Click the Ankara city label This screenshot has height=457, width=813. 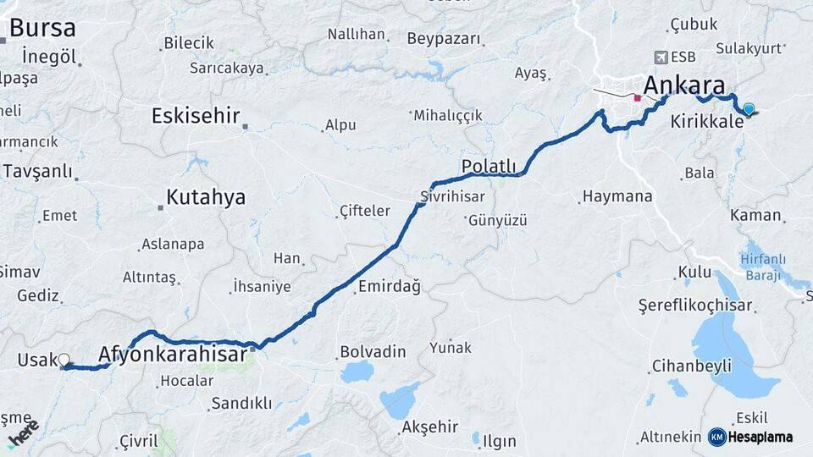pyautogui.click(x=684, y=85)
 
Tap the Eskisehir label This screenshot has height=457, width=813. pyautogui.click(x=196, y=116)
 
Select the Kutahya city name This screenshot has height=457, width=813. pyautogui.click(x=206, y=198)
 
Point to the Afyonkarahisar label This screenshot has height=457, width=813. pyautogui.click(x=174, y=355)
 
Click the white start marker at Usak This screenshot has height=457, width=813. pyautogui.click(x=64, y=360)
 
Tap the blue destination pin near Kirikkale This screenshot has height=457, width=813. pyautogui.click(x=749, y=108)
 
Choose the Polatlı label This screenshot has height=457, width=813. pyautogui.click(x=489, y=165)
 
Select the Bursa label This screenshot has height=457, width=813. pyautogui.click(x=42, y=28)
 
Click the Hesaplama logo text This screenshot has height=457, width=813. pyautogui.click(x=756, y=437)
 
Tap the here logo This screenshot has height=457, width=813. pyautogui.click(x=24, y=432)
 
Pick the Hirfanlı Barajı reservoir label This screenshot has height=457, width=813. pyautogui.click(x=763, y=267)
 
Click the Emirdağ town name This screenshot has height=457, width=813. pyautogui.click(x=389, y=287)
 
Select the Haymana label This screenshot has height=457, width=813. pyautogui.click(x=617, y=196)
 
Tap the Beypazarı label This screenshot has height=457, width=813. pyautogui.click(x=444, y=38)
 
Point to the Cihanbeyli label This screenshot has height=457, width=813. pyautogui.click(x=691, y=366)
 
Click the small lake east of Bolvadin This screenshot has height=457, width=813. pyautogui.click(x=357, y=372)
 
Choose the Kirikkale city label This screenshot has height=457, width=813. pyautogui.click(x=706, y=122)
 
